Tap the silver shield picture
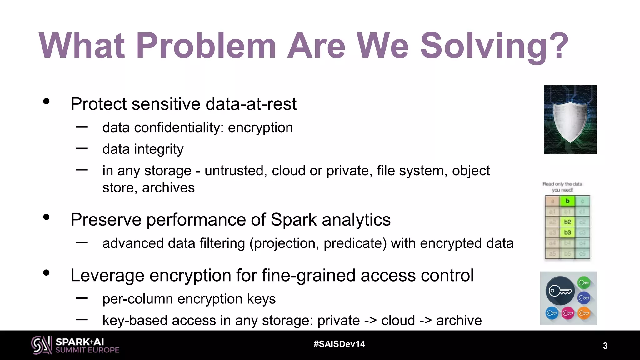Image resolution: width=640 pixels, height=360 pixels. [x=570, y=120]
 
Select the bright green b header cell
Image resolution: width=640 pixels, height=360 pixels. [x=567, y=201]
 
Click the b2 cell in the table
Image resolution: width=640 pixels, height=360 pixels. [x=567, y=222]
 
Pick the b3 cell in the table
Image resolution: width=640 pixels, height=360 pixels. [x=567, y=232]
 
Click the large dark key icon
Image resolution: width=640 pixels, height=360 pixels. [x=560, y=291]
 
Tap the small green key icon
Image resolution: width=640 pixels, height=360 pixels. [x=584, y=283]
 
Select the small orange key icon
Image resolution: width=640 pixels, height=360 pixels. [x=584, y=313]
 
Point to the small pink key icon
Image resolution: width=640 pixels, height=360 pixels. [x=568, y=313]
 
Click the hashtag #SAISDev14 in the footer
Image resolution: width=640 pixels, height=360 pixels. [x=339, y=344]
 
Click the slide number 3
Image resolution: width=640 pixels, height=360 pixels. [x=605, y=346]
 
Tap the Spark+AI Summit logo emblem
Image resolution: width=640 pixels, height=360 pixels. [x=41, y=345]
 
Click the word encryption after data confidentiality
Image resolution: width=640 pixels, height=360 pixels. [x=260, y=127]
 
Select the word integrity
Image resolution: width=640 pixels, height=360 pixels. [x=159, y=149]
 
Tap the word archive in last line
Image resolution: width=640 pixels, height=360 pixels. [x=459, y=321]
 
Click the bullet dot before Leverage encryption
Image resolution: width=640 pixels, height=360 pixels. [x=47, y=273]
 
